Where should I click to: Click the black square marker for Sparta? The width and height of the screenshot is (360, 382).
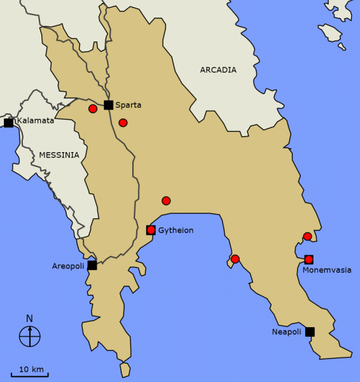click(109, 105)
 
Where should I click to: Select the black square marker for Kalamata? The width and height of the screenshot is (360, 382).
click(8, 122)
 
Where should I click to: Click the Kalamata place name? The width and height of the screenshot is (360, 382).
click(36, 121)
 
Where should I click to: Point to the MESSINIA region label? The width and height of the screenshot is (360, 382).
click(59, 155)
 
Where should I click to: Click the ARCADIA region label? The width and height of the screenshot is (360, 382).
click(218, 70)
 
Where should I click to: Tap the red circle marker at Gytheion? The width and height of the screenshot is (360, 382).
click(151, 230)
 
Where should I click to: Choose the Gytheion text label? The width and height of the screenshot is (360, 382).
click(176, 230)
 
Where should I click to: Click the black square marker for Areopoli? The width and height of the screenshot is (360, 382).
click(92, 265)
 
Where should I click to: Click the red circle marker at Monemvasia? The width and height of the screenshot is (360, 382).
click(309, 259)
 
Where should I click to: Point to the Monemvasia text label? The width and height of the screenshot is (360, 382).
click(327, 270)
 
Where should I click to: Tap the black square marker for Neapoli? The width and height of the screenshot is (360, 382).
click(310, 331)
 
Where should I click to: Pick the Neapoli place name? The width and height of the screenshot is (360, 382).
click(286, 332)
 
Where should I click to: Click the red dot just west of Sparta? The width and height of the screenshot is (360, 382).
click(93, 109)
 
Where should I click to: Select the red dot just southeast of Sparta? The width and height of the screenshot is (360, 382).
click(123, 122)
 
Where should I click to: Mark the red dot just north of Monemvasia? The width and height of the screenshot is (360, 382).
click(307, 237)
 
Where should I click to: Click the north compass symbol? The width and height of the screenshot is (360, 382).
click(30, 336)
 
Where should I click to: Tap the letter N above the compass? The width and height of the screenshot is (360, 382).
click(30, 318)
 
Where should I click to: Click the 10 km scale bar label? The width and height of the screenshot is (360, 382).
click(31, 369)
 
